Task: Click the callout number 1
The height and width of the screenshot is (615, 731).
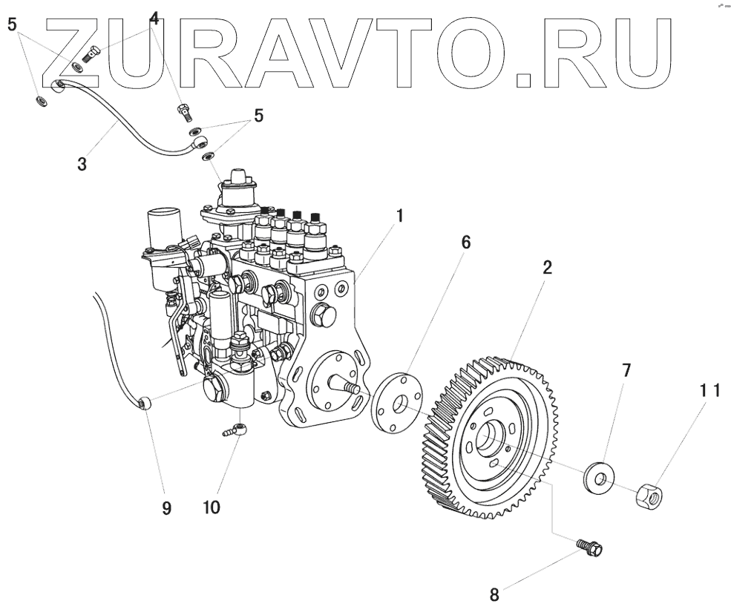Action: [x=399, y=217]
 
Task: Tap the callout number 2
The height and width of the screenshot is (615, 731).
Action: [x=546, y=269]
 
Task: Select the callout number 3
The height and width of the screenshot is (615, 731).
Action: [x=82, y=163]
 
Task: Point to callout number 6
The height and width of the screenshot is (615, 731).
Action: [x=465, y=243]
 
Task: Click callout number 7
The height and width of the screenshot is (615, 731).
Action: [x=626, y=369]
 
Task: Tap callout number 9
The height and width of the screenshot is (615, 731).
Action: [x=166, y=508]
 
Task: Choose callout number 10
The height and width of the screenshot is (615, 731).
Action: [x=211, y=508]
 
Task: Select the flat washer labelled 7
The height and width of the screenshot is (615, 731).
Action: [x=595, y=477]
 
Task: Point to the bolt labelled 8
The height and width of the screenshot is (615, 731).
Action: [x=591, y=549]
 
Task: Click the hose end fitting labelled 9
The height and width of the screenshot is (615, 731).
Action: [x=145, y=403]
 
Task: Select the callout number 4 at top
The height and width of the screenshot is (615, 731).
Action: [x=154, y=18]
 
